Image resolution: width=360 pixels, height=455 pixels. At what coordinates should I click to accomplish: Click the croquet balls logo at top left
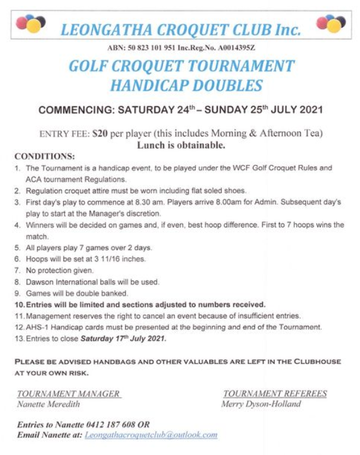(30, 23)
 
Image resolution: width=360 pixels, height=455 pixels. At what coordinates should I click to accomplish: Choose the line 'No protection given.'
(62, 270)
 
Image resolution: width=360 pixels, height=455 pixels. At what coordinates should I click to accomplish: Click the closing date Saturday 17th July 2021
(123, 339)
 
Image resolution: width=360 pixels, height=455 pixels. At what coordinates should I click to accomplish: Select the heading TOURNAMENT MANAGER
(69, 394)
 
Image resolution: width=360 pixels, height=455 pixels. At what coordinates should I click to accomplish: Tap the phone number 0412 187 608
(117, 424)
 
